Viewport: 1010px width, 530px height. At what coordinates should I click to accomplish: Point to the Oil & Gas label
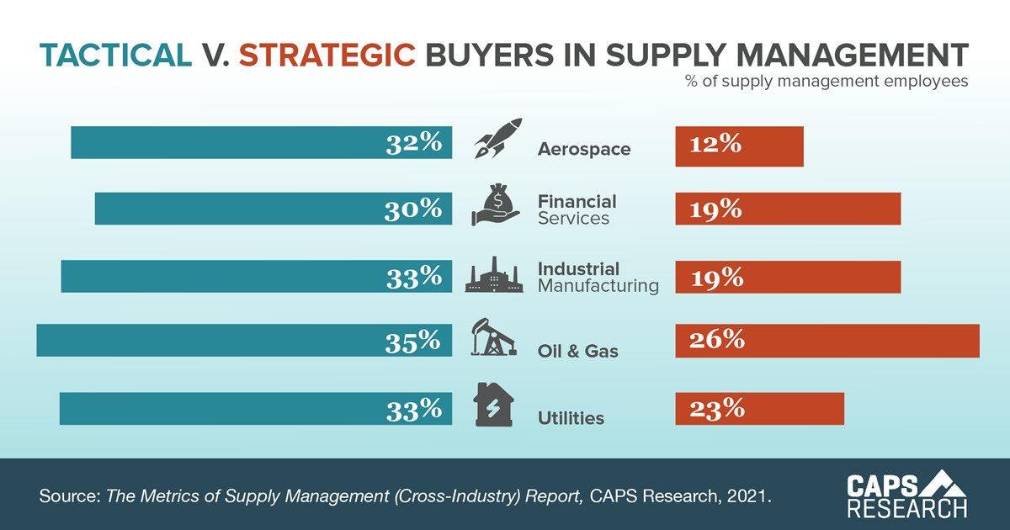577,351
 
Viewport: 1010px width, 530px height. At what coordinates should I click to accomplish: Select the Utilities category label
571,417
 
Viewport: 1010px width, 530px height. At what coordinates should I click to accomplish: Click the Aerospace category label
583,150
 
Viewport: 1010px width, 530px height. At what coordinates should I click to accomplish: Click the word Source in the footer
68,496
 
